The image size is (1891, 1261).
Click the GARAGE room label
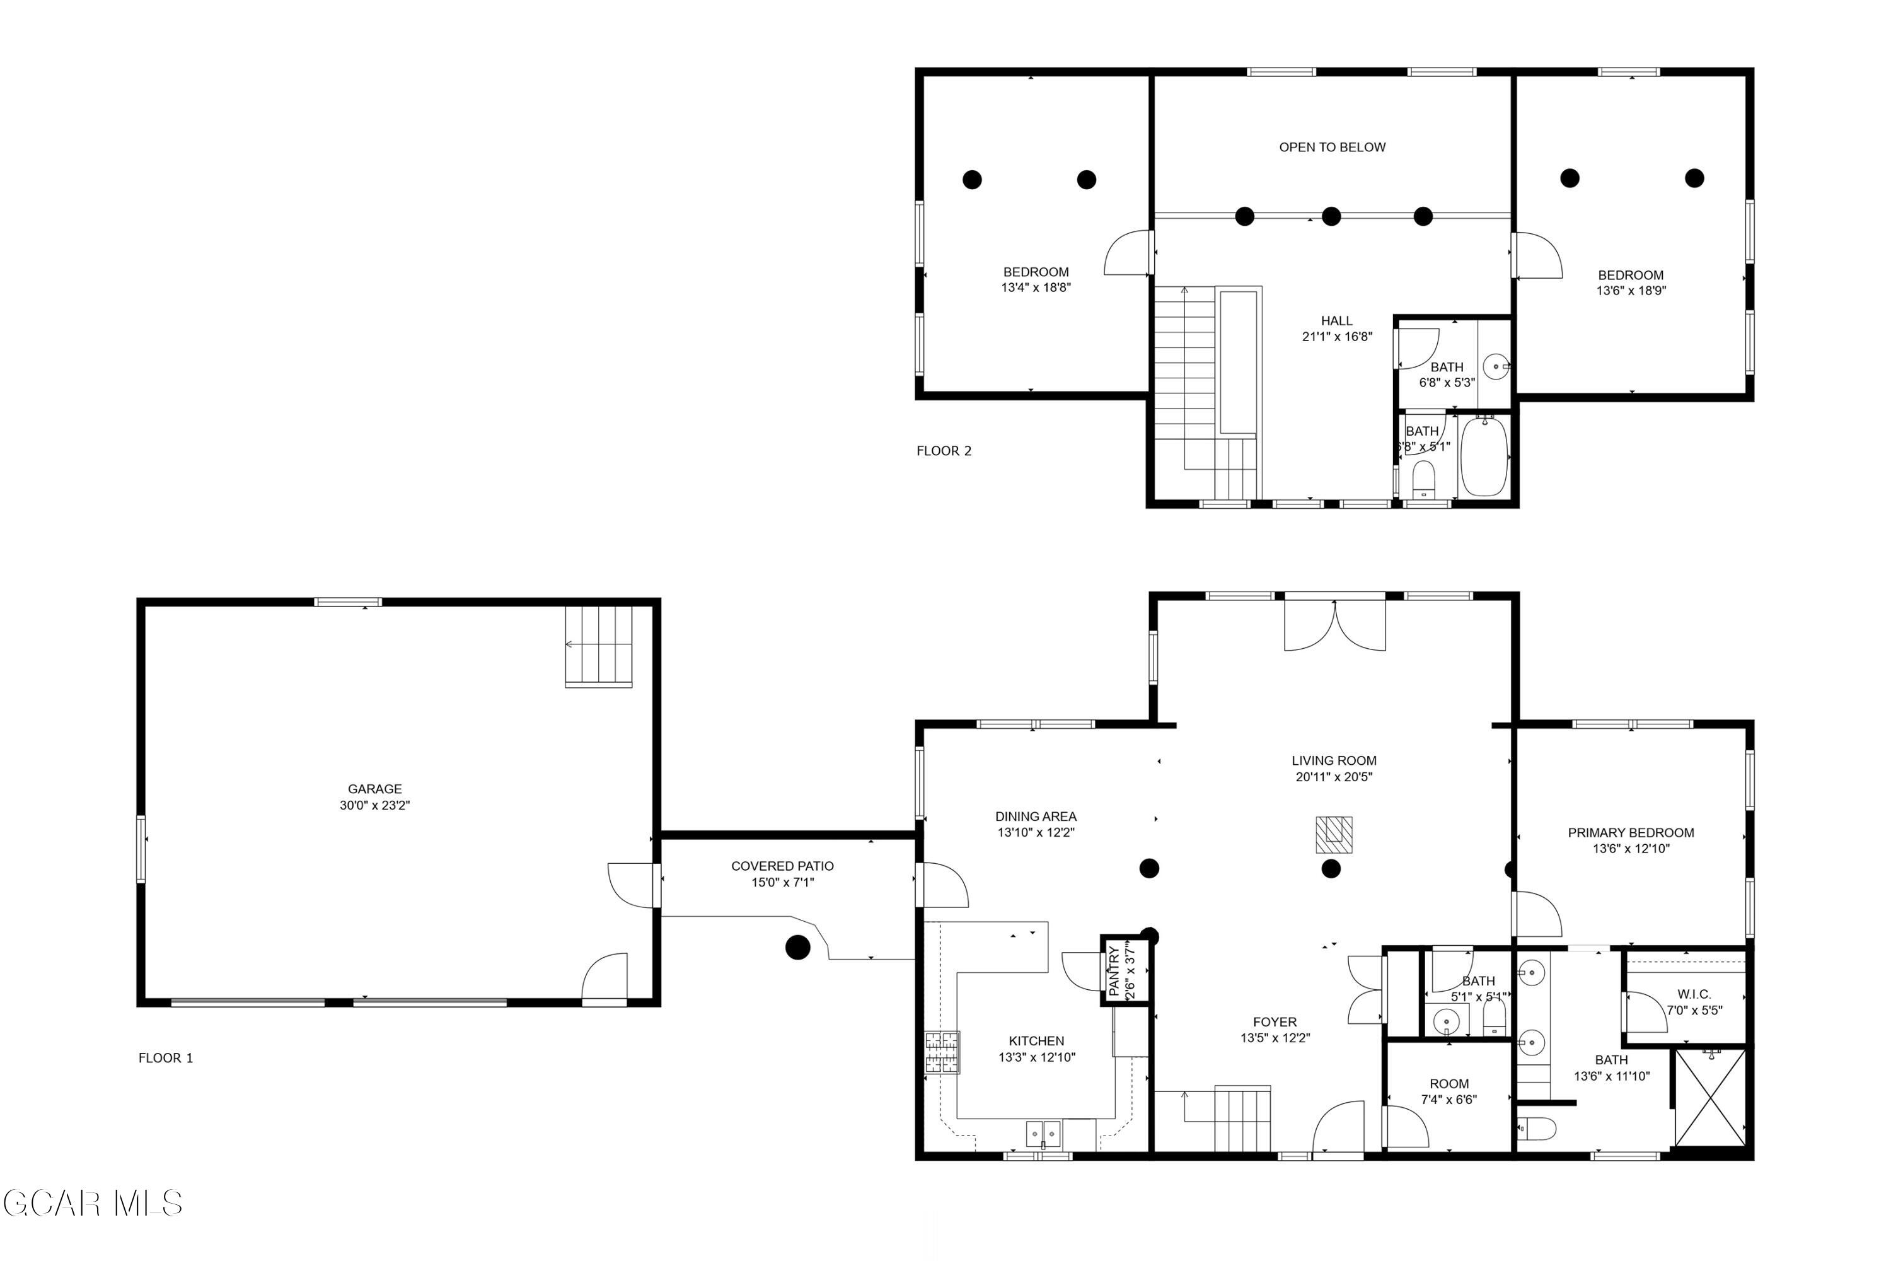(374, 789)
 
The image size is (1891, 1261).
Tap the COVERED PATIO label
(782, 866)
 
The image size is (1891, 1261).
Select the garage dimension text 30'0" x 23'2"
(374, 806)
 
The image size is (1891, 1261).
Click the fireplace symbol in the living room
(1334, 835)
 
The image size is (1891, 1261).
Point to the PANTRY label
(1114, 971)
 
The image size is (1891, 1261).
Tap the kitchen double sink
(1044, 1134)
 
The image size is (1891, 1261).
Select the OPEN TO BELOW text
(1333, 147)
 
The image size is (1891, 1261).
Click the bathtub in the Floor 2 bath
(1484, 456)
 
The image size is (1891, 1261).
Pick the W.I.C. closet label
(1694, 995)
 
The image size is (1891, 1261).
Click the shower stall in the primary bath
(1710, 1098)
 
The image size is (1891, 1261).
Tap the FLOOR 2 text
(944, 451)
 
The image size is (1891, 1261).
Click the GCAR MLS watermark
(93, 1204)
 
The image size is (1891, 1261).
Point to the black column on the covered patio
(797, 948)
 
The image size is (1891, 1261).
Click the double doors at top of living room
(1334, 625)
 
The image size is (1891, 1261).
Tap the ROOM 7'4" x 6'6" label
(1449, 1091)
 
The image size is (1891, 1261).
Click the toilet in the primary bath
(1535, 1129)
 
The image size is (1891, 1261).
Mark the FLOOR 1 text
(166, 1059)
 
